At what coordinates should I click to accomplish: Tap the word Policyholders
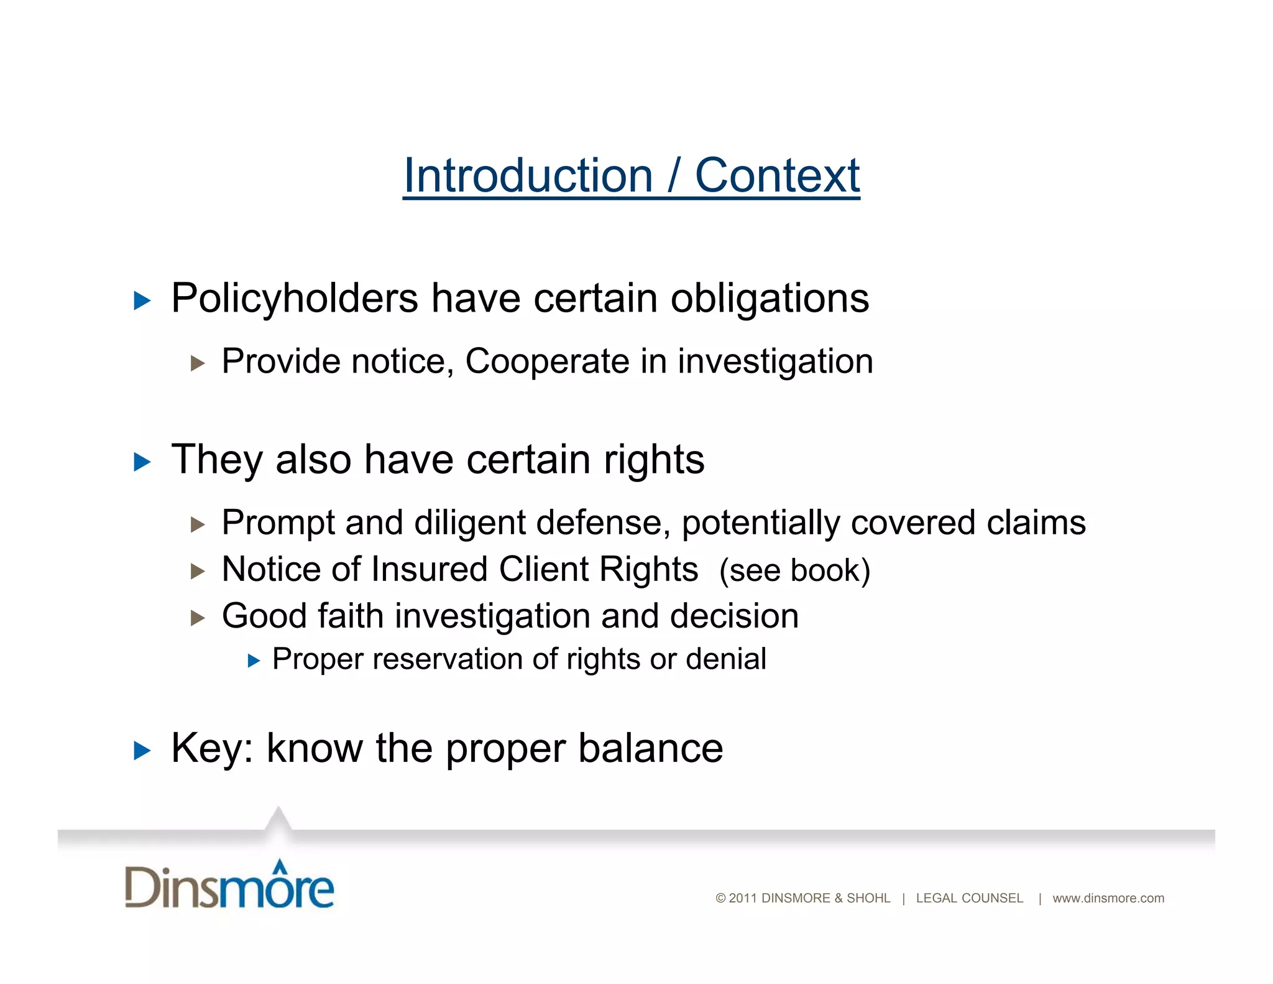(x=294, y=299)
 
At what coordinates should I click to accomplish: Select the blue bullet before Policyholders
(x=142, y=302)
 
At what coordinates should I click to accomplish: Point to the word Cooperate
(x=547, y=361)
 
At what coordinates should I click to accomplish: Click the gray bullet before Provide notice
(x=198, y=363)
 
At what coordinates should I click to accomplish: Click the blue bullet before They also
(x=142, y=462)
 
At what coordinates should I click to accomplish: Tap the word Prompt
(x=278, y=522)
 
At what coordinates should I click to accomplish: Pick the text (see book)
(x=794, y=570)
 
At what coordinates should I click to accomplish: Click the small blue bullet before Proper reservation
(x=254, y=661)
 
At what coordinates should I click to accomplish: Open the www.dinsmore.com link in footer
(x=1108, y=898)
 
